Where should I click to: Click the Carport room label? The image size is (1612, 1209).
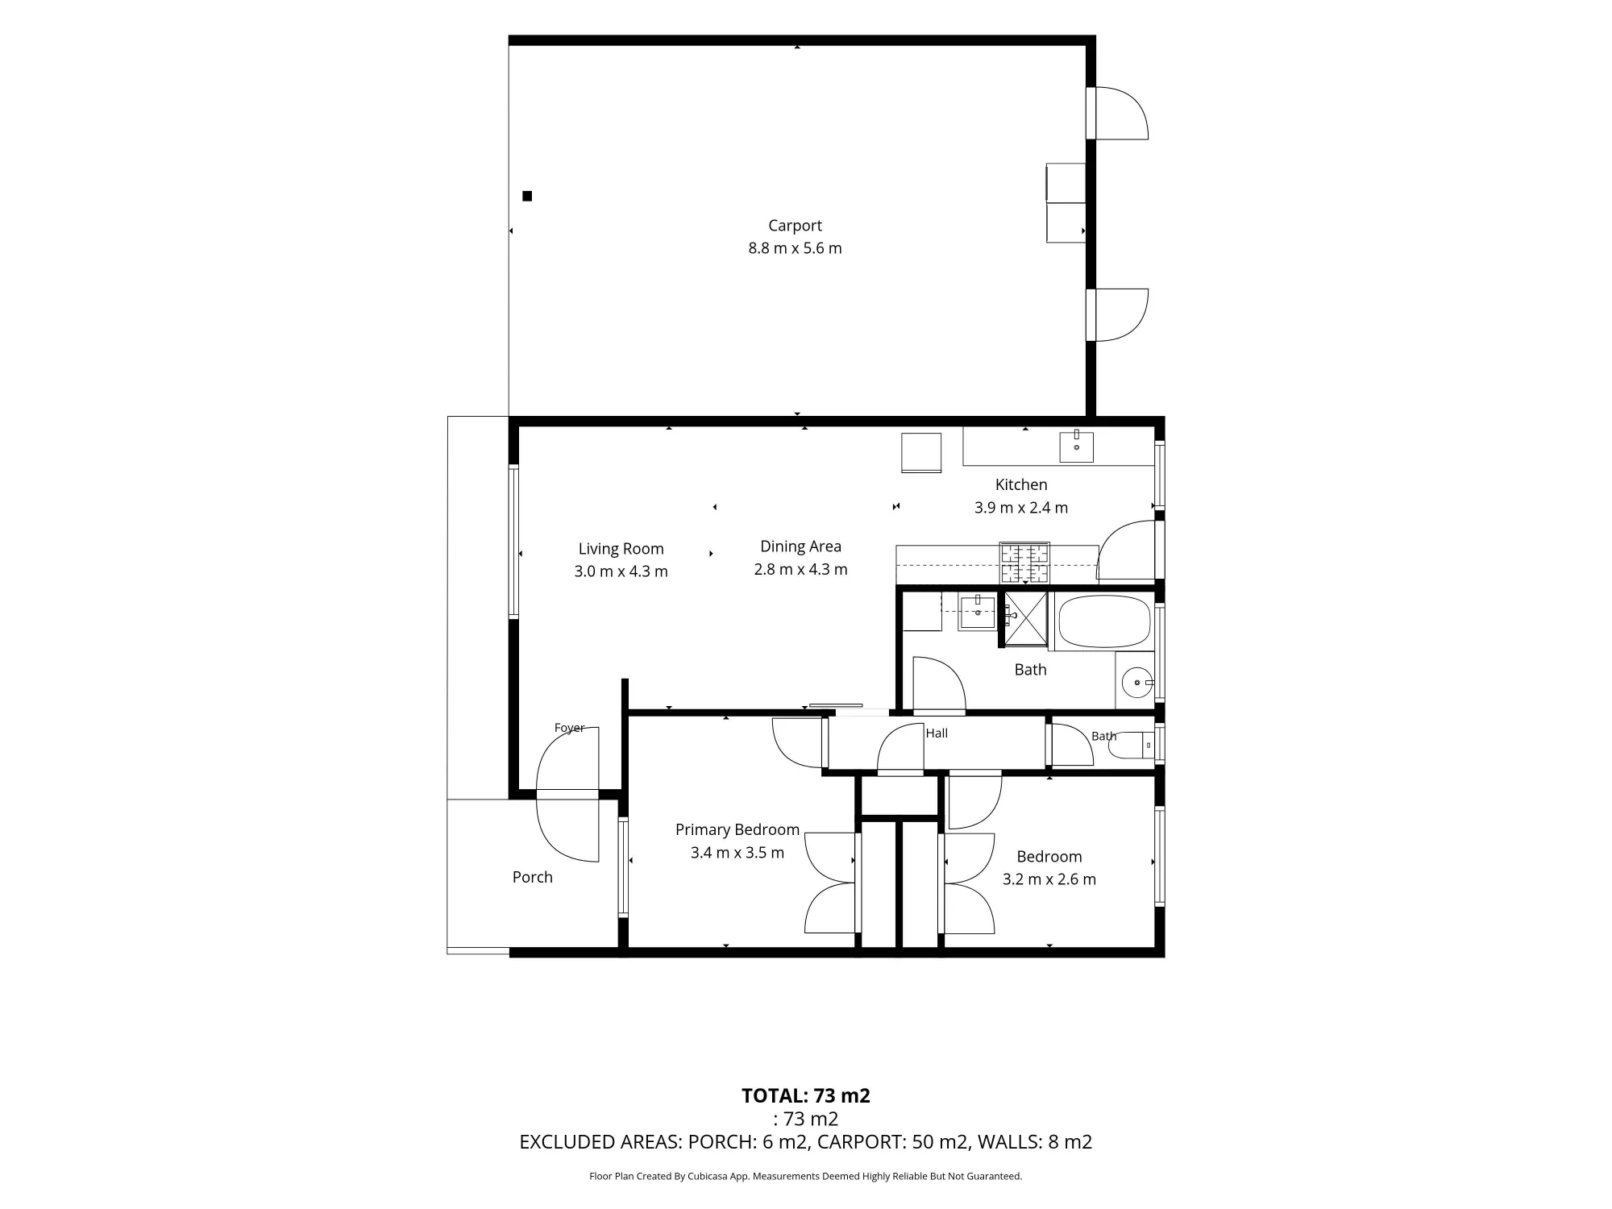click(x=795, y=226)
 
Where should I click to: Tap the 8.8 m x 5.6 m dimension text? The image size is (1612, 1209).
click(x=795, y=248)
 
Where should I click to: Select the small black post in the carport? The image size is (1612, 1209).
click(x=527, y=196)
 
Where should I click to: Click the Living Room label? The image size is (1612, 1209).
click(x=621, y=549)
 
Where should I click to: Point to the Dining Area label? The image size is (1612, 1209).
click(x=800, y=546)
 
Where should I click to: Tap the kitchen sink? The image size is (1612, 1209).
click(x=1076, y=447)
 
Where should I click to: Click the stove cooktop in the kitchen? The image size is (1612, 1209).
click(x=1024, y=563)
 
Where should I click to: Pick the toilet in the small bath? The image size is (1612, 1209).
click(x=1132, y=746)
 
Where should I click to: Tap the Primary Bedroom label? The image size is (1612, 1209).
click(x=737, y=829)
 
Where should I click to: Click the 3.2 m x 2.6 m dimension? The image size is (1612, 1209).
click(x=1049, y=879)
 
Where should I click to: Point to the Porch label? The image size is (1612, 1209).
click(x=532, y=877)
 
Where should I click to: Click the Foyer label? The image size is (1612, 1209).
click(x=569, y=728)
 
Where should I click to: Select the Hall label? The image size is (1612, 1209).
click(x=937, y=733)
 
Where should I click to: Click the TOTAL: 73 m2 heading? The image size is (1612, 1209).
click(x=805, y=1095)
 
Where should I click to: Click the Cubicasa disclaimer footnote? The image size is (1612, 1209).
click(x=805, y=1176)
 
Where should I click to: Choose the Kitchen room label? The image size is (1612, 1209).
click(x=1021, y=484)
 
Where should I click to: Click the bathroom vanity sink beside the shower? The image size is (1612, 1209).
click(x=978, y=613)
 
